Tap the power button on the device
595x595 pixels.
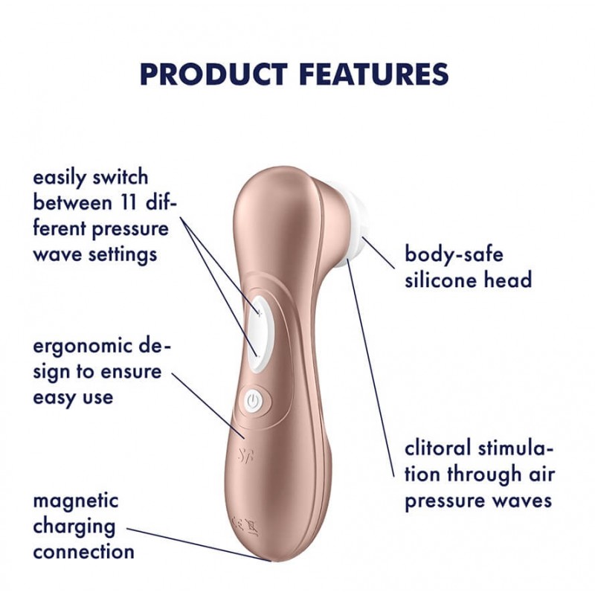click(253, 402)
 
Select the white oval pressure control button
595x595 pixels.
click(261, 334)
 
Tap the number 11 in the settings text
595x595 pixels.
click(129, 202)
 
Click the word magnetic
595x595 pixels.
click(76, 501)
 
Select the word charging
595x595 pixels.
click(74, 527)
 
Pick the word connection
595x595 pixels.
click(84, 552)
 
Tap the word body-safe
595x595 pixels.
click(454, 254)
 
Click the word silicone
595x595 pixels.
click(437, 280)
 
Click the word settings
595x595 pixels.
click(123, 255)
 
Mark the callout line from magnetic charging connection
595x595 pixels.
click(199, 544)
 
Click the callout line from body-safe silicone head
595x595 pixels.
click(379, 253)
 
